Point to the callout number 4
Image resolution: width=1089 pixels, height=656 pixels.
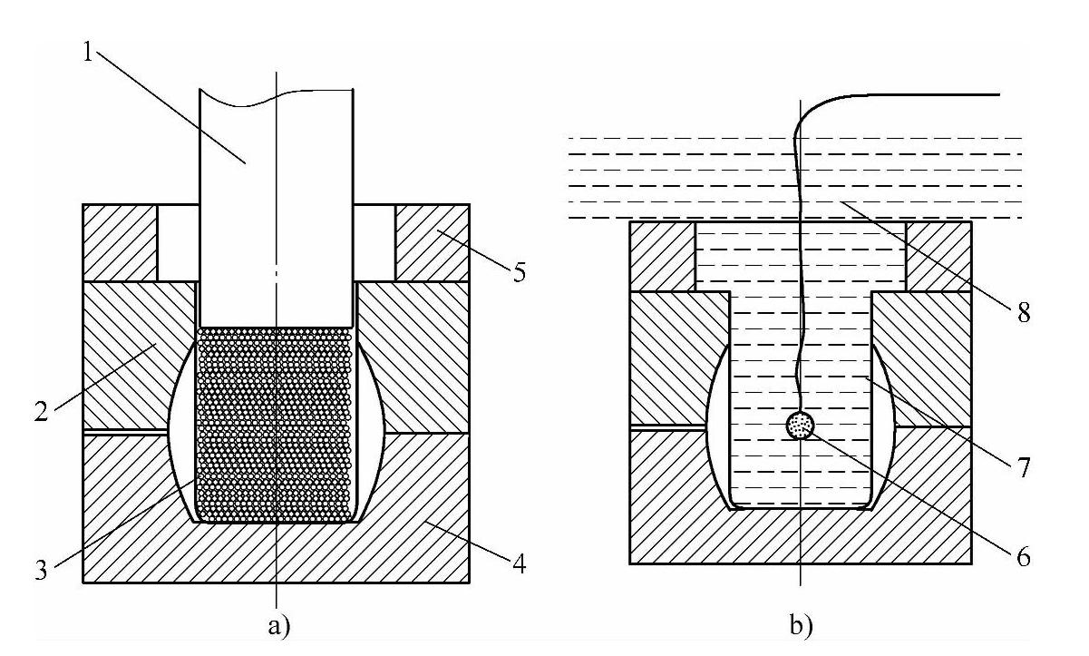point(517,564)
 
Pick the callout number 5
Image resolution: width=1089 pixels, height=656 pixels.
point(519,272)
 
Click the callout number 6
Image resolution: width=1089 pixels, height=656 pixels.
point(1023,554)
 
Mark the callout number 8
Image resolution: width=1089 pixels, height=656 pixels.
point(1023,315)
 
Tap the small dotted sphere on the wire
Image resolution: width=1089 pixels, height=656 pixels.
point(801,425)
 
